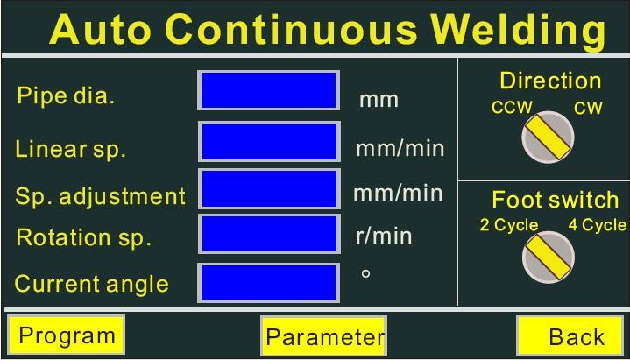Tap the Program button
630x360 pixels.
pyautogui.click(x=67, y=335)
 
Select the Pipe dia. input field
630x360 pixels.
pyautogui.click(x=268, y=90)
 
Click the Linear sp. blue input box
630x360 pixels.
pyautogui.click(x=269, y=141)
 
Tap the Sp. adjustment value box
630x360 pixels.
pyautogui.click(x=269, y=189)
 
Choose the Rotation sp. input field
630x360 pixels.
pyautogui.click(x=269, y=234)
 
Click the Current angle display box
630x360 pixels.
pyautogui.click(x=268, y=283)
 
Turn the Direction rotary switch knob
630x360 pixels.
pyautogui.click(x=548, y=137)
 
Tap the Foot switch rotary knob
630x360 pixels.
pyautogui.click(x=548, y=258)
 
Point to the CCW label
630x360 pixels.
pyautogui.click(x=512, y=108)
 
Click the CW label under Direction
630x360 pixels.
pyautogui.click(x=588, y=108)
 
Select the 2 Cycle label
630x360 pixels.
pyautogui.click(x=509, y=225)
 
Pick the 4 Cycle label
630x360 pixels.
pyautogui.click(x=597, y=225)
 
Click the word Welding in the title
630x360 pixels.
pyautogui.click(x=519, y=30)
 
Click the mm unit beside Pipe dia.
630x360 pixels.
pyautogui.click(x=379, y=100)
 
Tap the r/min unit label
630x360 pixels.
pyautogui.click(x=384, y=236)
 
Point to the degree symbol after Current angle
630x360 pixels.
pyautogui.click(x=365, y=273)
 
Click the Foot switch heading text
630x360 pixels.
pyautogui.click(x=556, y=200)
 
